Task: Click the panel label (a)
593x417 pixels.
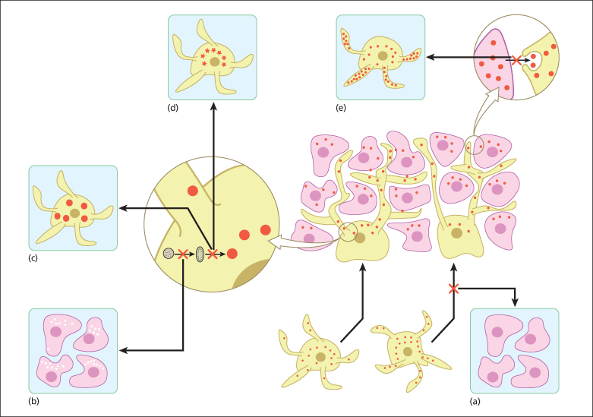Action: (475, 400)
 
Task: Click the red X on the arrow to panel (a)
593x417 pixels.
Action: (453, 289)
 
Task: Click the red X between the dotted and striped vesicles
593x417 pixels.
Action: (183, 254)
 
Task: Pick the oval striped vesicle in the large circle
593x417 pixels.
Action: (201, 254)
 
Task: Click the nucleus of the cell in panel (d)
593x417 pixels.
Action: (216, 61)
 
